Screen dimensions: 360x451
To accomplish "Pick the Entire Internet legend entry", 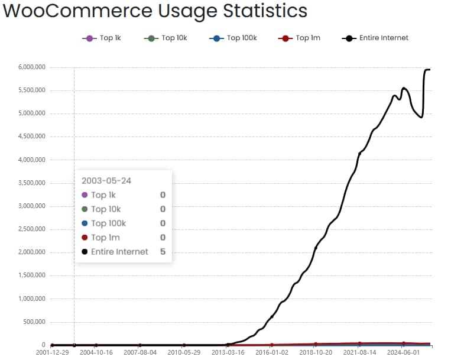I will [x=375, y=38].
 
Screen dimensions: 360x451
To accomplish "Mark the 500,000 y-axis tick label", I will [x=33, y=322].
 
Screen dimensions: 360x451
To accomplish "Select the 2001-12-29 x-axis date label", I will [x=51, y=352].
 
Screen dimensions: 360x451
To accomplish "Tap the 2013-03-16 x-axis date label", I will [x=228, y=352].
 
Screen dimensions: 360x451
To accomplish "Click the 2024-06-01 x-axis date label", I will [x=403, y=352].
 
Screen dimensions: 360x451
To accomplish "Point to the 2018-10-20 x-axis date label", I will [x=316, y=352].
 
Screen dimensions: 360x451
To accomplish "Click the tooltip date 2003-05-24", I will [x=106, y=180].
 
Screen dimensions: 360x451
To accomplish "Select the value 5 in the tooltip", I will [x=163, y=252].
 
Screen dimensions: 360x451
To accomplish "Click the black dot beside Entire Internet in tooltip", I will [x=85, y=252].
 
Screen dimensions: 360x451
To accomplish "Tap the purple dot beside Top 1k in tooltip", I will [x=85, y=195].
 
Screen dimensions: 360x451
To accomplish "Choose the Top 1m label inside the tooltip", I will [x=105, y=238].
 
